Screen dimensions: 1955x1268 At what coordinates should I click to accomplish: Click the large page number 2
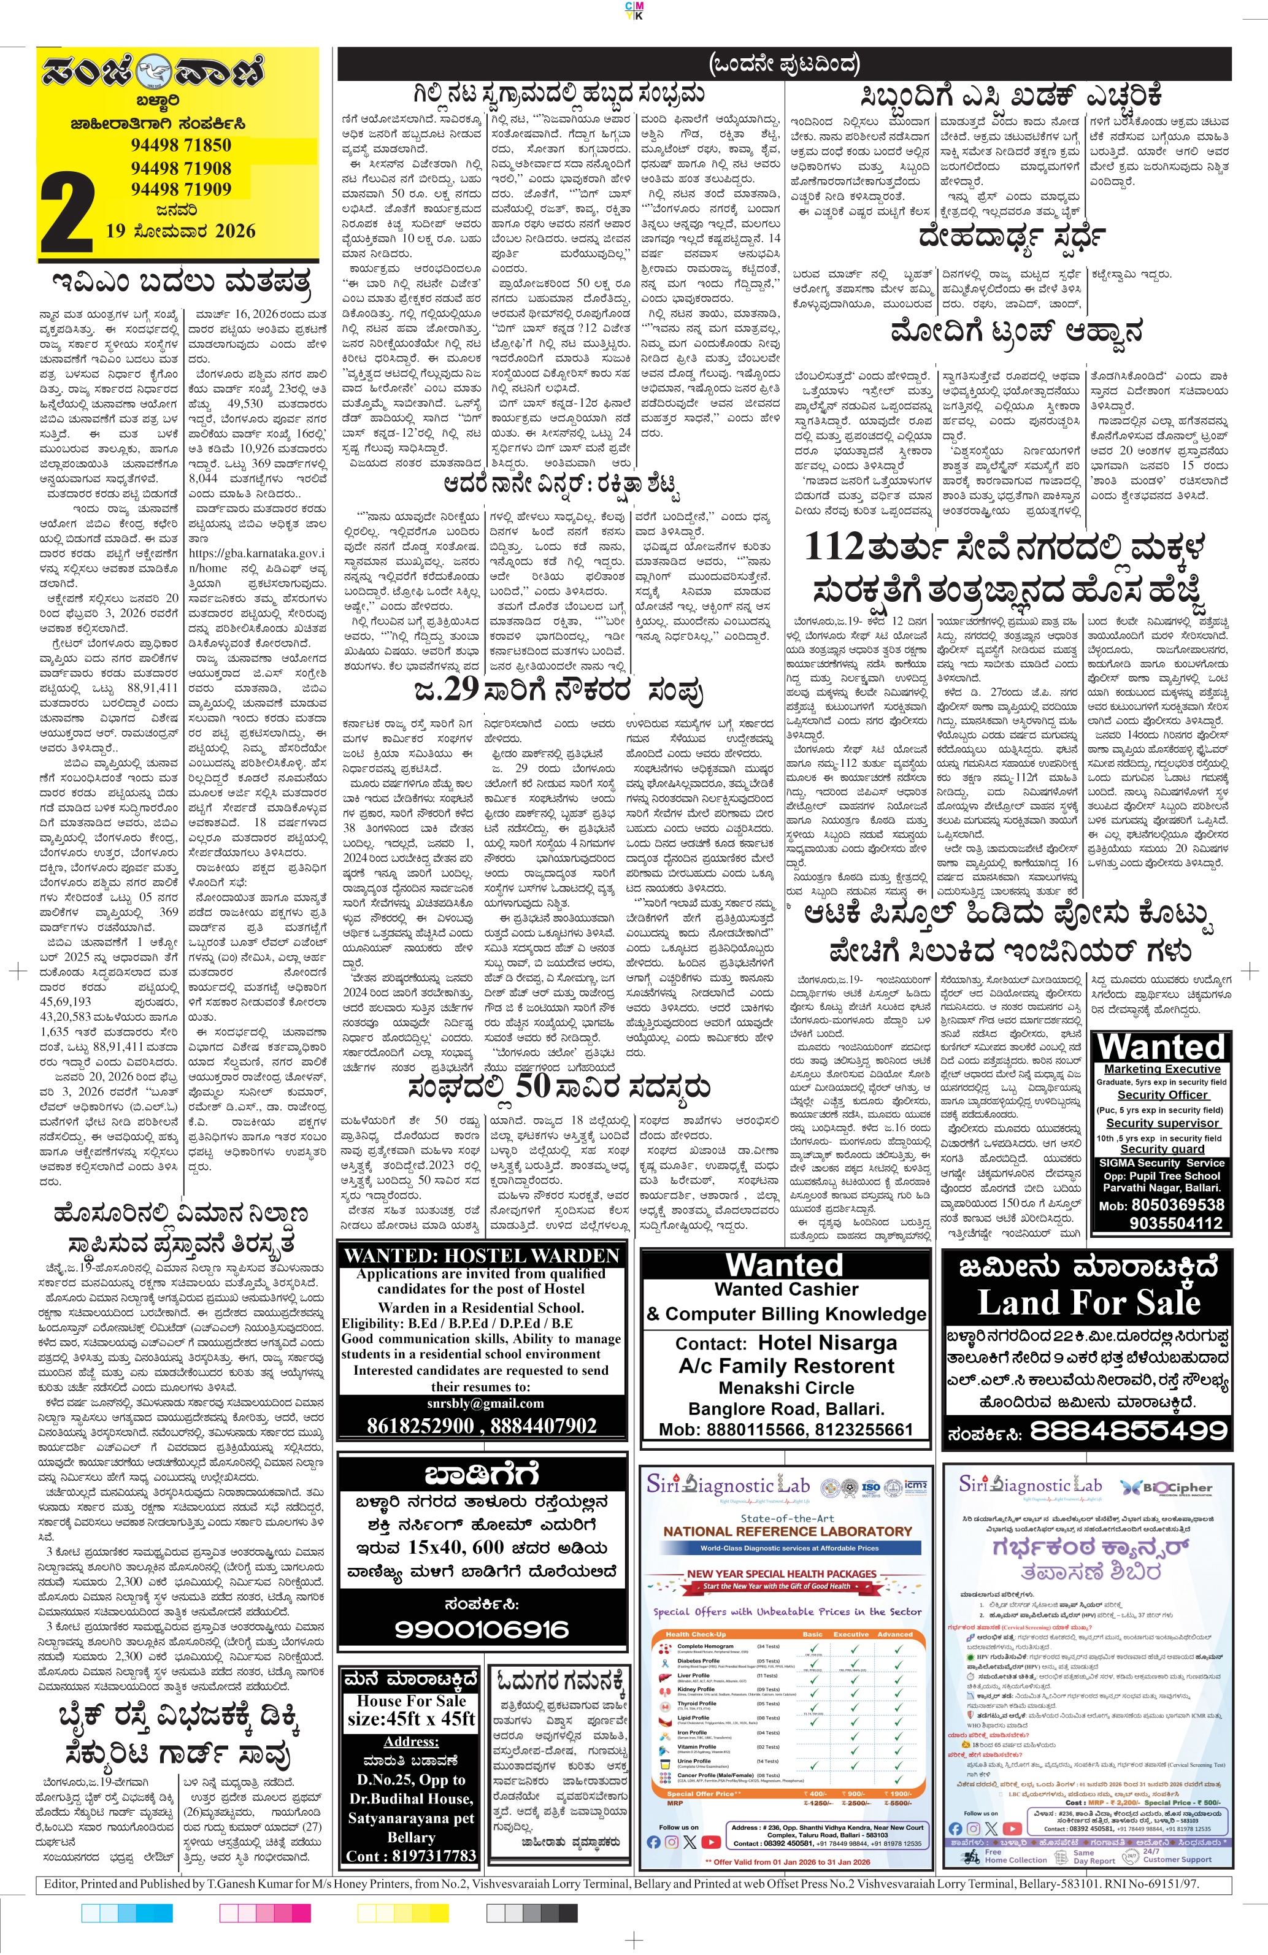click(67, 215)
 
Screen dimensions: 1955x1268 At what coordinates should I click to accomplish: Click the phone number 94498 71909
click(181, 190)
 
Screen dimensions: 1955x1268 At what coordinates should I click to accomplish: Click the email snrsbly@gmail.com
click(481, 1403)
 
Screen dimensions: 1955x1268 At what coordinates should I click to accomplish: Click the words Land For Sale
click(1088, 1303)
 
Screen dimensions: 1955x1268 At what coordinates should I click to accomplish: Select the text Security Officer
click(1162, 1095)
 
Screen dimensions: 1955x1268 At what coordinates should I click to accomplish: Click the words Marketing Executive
click(1162, 1069)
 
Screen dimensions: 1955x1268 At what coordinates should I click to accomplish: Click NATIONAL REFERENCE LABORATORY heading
click(787, 1531)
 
